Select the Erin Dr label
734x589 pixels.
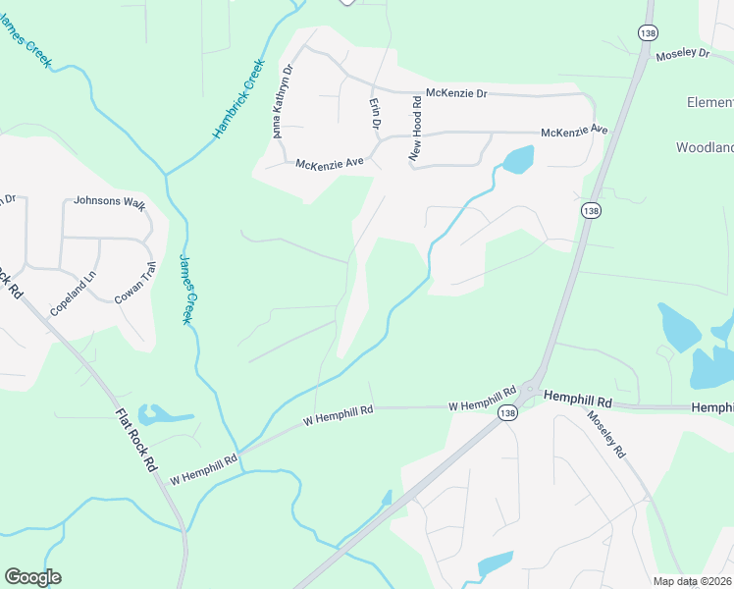tap(374, 114)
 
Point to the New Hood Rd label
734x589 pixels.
tap(415, 132)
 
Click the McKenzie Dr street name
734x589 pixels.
tap(455, 94)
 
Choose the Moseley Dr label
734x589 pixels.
tap(683, 53)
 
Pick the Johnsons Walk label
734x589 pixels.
tap(109, 203)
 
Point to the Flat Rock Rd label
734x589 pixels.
tap(136, 442)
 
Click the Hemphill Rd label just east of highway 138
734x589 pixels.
tap(578, 402)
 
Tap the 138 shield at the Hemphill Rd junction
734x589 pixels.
tap(506, 414)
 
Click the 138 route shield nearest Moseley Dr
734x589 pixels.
tap(647, 32)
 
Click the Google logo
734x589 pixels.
tap(32, 577)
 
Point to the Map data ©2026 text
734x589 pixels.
tap(692, 581)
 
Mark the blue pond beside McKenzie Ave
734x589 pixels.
tap(517, 158)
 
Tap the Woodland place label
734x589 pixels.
tap(704, 147)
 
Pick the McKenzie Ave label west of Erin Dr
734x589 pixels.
tap(330, 163)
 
